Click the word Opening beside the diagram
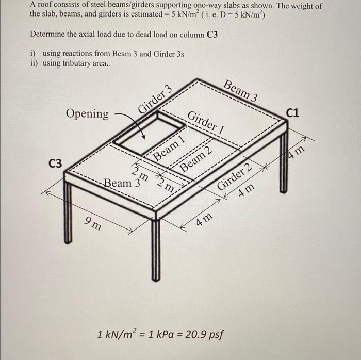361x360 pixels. [x=87, y=113]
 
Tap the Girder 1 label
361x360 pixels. [x=206, y=122]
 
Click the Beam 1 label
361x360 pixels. [x=169, y=149]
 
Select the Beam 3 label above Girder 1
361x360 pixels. [x=241, y=90]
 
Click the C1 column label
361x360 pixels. [x=296, y=113]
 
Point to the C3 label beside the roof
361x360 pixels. [x=55, y=163]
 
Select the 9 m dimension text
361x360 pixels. [x=93, y=223]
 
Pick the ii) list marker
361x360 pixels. [x=35, y=63]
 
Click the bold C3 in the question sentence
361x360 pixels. [x=212, y=34]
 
